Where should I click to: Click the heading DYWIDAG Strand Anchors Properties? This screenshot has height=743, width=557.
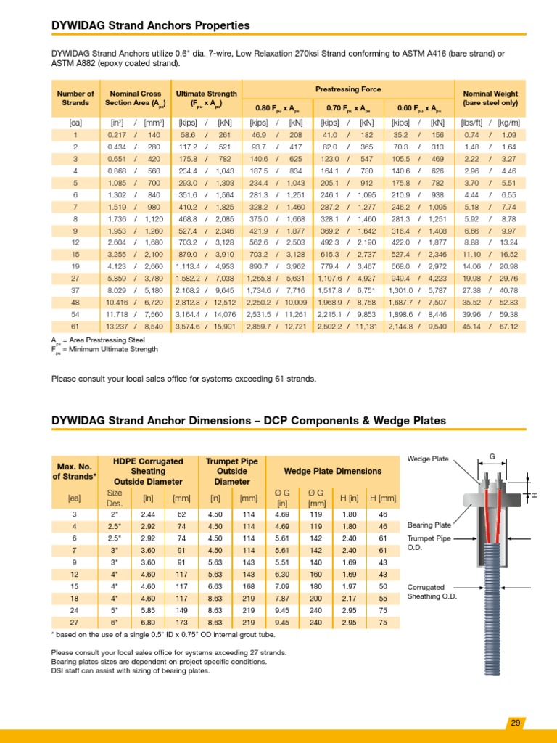150,25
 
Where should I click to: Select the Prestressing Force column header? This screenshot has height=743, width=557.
348,89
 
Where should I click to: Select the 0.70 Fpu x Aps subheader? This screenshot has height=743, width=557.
348,107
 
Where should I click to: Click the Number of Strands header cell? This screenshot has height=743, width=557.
75,98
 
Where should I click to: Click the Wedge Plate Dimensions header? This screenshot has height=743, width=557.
333,471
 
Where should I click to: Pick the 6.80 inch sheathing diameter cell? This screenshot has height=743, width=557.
149,622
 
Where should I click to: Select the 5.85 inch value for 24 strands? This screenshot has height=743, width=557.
149,609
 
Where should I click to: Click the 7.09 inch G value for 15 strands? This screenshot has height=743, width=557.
282,585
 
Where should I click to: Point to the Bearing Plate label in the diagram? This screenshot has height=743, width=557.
429,524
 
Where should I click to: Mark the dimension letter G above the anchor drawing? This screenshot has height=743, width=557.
492,456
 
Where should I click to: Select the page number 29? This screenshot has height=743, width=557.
515,723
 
